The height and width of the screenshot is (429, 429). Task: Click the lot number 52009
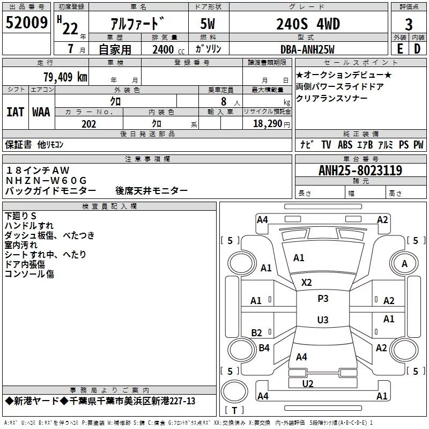(x=26, y=23)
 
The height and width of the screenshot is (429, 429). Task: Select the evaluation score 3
(x=409, y=25)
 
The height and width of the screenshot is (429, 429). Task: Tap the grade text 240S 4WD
(x=308, y=24)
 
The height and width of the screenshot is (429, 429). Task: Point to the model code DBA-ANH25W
(x=307, y=49)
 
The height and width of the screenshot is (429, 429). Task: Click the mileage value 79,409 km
(x=65, y=77)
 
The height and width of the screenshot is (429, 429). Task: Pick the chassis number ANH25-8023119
(x=360, y=171)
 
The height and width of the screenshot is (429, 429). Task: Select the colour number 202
(x=88, y=124)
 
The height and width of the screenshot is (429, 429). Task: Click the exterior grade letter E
(x=400, y=49)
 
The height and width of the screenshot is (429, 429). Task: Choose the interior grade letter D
(x=417, y=49)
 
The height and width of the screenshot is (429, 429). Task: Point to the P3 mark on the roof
(x=323, y=299)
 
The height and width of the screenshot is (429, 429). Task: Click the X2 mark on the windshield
(x=306, y=283)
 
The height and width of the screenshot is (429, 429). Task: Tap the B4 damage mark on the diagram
(x=264, y=348)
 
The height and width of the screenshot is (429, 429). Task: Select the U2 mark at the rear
(x=308, y=384)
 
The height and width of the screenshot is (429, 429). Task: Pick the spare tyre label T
(x=234, y=410)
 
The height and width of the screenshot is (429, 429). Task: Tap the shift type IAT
(x=16, y=112)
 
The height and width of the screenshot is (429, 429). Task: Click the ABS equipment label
(x=345, y=145)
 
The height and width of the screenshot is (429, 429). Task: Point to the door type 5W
(x=208, y=24)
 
